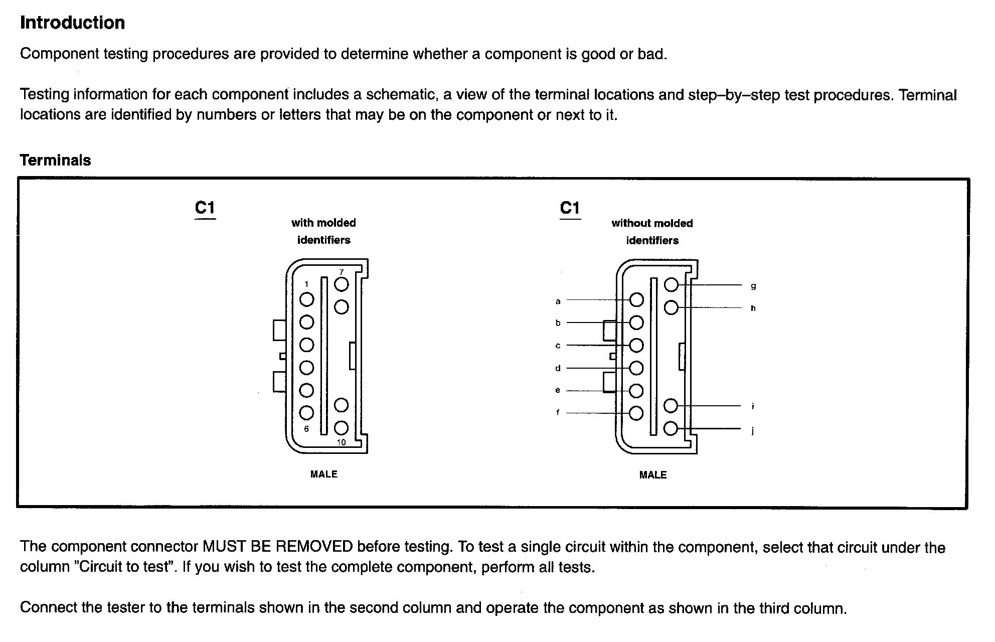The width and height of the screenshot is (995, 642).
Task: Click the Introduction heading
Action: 72,23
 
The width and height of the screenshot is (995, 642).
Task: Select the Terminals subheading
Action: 55,160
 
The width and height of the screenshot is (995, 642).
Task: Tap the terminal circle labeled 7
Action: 342,284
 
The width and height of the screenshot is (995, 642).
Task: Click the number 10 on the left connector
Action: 341,442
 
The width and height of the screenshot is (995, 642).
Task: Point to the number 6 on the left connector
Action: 306,429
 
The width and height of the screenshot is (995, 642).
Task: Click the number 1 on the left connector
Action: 306,284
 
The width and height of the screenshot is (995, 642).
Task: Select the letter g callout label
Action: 753,286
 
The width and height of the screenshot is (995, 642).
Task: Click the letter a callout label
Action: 558,301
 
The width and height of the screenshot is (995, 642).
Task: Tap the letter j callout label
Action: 753,430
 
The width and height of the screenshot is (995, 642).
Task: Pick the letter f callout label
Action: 558,413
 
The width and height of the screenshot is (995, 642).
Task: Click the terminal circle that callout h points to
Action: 671,307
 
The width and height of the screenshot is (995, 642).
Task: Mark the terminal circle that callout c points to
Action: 636,345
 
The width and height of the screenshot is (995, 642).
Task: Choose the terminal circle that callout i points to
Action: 671,405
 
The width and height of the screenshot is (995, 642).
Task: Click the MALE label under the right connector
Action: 652,475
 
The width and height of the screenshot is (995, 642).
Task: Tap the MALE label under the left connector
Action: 323,474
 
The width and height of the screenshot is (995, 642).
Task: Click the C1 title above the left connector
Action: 205,208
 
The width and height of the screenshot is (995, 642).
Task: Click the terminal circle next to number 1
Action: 306,299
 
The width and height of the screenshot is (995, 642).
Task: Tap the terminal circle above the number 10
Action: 341,428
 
